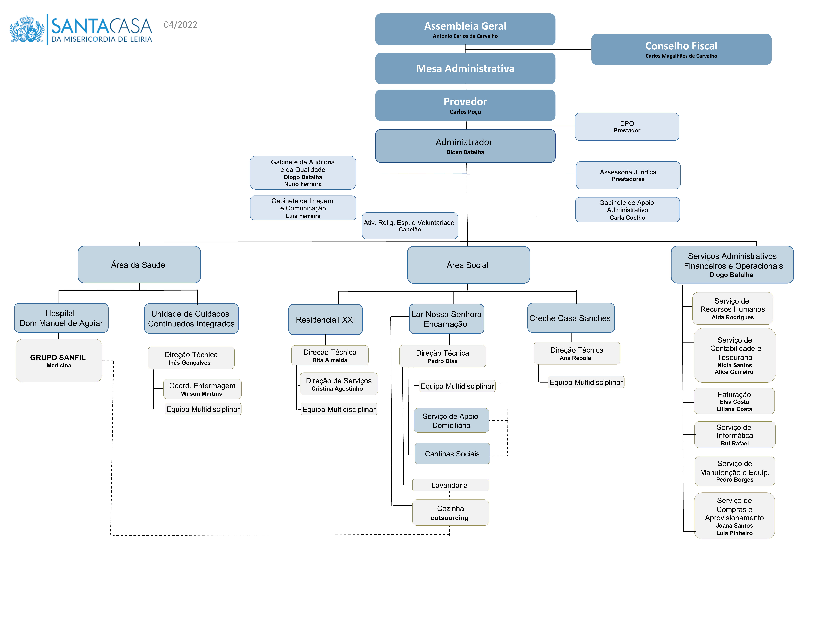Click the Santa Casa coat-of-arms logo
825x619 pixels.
tap(27, 29)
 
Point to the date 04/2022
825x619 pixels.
tap(181, 25)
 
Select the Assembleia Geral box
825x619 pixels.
tap(465, 29)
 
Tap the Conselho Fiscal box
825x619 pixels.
tap(681, 49)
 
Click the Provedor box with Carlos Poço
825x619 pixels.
tap(465, 105)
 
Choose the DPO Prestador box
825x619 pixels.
tap(627, 127)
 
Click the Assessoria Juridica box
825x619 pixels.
tap(628, 175)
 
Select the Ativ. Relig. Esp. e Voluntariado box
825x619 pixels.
tap(410, 226)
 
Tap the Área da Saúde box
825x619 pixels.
tap(139, 264)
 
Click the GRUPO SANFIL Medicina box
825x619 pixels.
tap(59, 360)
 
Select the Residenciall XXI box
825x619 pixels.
tap(325, 320)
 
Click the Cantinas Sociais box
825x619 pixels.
tap(452, 454)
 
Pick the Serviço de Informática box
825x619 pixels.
tap(735, 435)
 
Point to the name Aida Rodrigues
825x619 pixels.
tap(732, 318)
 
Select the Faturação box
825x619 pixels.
tap(734, 401)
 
